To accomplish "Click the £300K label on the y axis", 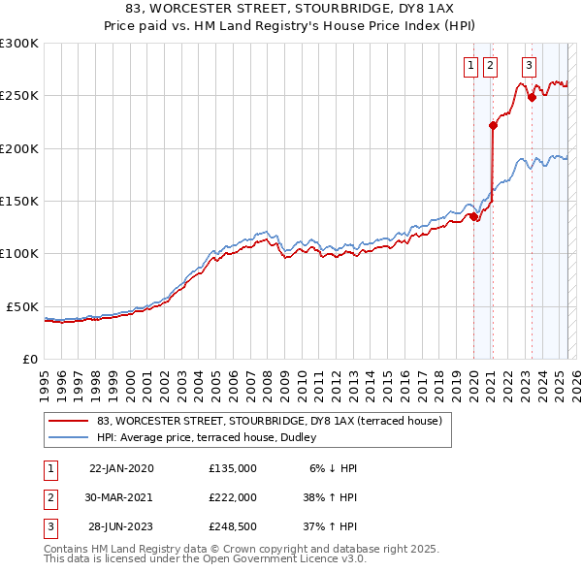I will pyautogui.click(x=19, y=44).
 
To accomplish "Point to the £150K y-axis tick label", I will pyautogui.click(x=19, y=202).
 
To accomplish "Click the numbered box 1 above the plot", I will pyautogui.click(x=470, y=66).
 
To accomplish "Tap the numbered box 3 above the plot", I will pyautogui.click(x=529, y=66).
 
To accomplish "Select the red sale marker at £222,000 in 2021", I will pyautogui.click(x=494, y=125).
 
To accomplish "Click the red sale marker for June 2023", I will pyautogui.click(x=532, y=97).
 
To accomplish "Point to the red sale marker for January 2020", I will pyautogui.click(x=473, y=216).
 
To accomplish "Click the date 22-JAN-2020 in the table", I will pyautogui.click(x=121, y=467).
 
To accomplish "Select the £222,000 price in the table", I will pyautogui.click(x=233, y=496).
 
